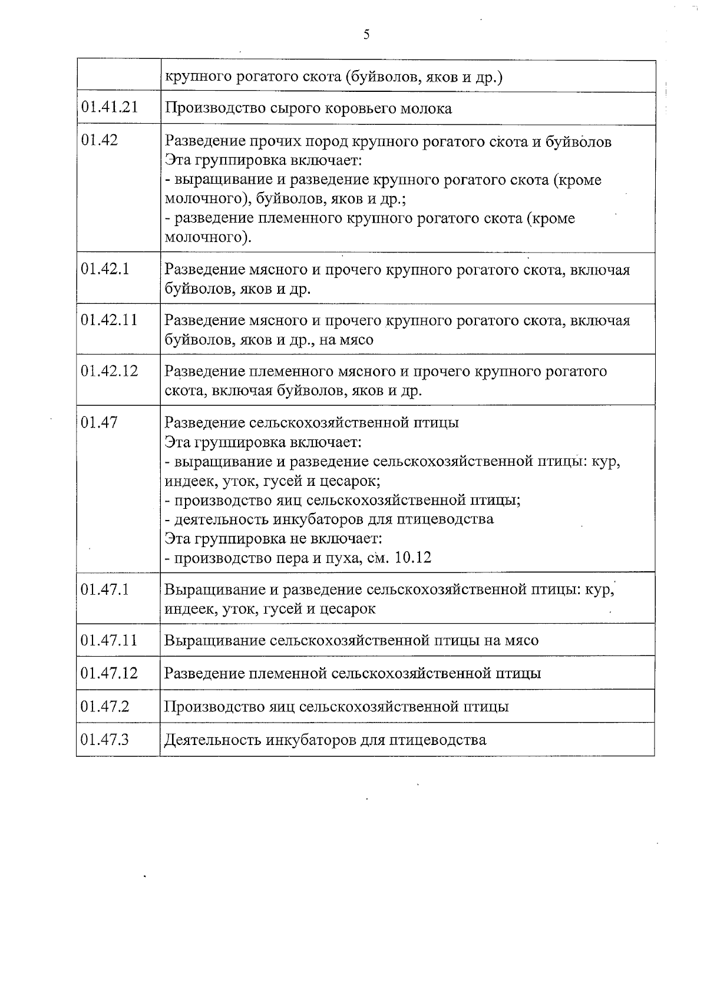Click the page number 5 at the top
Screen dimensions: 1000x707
(366, 35)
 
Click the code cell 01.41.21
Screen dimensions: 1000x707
(110, 107)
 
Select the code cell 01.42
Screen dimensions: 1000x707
(100, 140)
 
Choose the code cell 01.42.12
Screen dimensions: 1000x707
(110, 370)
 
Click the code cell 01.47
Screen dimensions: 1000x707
(100, 422)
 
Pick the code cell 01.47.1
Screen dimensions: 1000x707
(105, 589)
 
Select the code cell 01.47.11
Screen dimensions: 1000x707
(110, 640)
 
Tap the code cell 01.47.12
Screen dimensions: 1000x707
(110, 673)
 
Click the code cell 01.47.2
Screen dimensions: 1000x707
(105, 706)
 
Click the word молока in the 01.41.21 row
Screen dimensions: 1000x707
(427, 108)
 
